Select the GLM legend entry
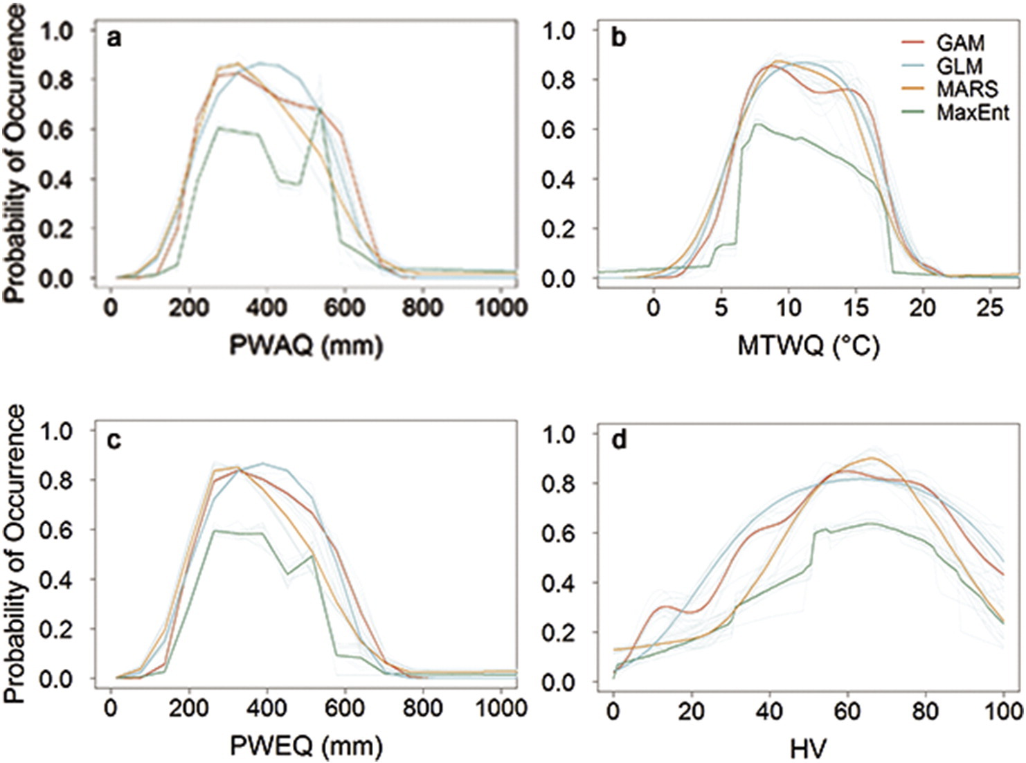pyautogui.click(x=960, y=66)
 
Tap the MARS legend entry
pyautogui.click(x=966, y=89)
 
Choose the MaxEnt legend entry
pyautogui.click(x=973, y=112)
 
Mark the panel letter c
pyautogui.click(x=114, y=440)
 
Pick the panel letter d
pyautogui.click(x=618, y=440)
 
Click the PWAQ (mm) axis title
pyautogui.click(x=306, y=345)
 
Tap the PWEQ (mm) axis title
pyautogui.click(x=306, y=746)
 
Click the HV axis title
pyautogui.click(x=808, y=748)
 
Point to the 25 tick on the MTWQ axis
pyautogui.click(x=990, y=307)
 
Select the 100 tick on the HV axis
pyautogui.click(x=1005, y=710)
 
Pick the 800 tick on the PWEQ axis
pyautogui.click(x=423, y=708)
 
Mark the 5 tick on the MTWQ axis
pyautogui.click(x=721, y=307)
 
